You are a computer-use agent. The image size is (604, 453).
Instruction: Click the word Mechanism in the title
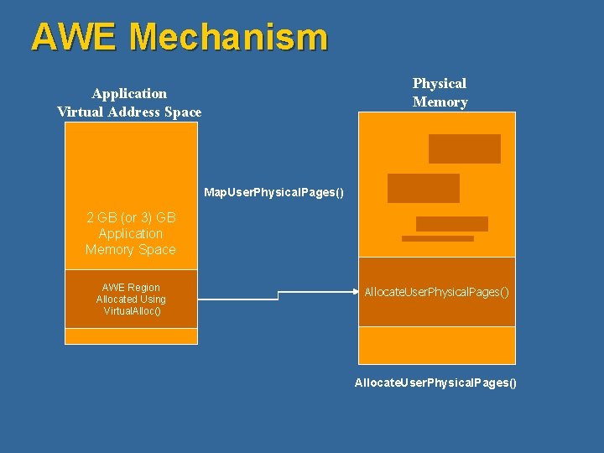pos(229,37)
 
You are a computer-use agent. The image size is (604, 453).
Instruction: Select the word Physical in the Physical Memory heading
pos(440,83)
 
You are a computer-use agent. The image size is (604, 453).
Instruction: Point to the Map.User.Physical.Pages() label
pos(274,193)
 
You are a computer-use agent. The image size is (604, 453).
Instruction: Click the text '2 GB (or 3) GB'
pos(132,217)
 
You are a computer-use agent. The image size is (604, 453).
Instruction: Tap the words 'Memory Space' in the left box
pos(131,249)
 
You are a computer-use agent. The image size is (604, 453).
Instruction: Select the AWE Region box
pos(131,299)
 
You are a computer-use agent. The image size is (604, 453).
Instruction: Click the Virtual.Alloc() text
pos(132,311)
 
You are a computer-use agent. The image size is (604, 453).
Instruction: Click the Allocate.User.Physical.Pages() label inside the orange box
pos(436,292)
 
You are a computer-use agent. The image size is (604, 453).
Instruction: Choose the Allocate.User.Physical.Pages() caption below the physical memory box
pos(436,383)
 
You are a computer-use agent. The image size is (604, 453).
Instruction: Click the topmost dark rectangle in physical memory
pos(464,148)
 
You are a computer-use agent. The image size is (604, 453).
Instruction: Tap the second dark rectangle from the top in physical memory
pos(424,188)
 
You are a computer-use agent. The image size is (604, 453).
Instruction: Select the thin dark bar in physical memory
pos(438,238)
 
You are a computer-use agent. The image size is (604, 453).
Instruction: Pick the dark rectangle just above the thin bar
pos(451,224)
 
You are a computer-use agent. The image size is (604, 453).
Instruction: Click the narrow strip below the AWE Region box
pos(131,336)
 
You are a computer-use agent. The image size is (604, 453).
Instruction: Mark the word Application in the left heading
pos(129,93)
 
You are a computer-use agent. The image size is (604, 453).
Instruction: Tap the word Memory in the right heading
pos(440,102)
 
